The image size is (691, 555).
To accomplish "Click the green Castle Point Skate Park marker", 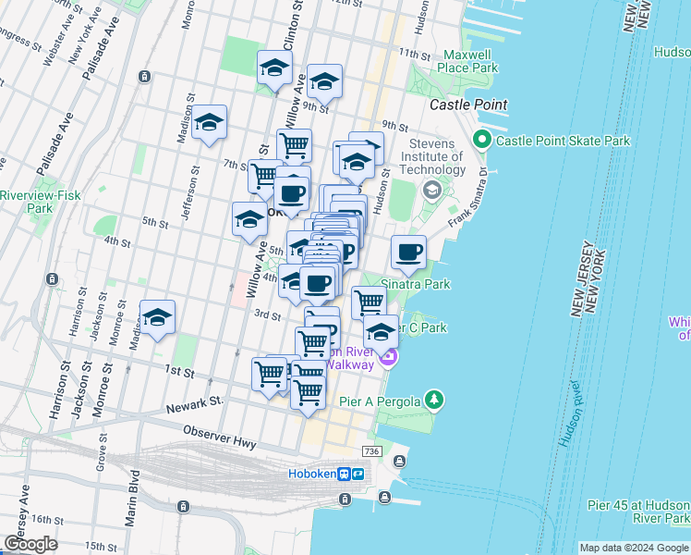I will (x=481, y=141).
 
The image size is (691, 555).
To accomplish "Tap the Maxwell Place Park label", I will (x=469, y=61).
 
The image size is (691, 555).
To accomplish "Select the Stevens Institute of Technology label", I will (x=433, y=157).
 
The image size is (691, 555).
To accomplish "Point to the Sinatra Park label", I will (x=416, y=284).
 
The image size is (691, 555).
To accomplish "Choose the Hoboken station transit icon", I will (x=351, y=474).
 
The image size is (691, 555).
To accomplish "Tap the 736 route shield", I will (x=371, y=450).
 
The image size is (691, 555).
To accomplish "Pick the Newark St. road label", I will (x=196, y=404).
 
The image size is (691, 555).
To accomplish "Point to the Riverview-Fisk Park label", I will (x=39, y=202).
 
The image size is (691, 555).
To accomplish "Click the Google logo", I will (x=31, y=544).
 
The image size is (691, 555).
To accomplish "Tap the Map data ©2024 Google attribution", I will (x=633, y=548).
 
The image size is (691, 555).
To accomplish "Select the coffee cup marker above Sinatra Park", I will (x=409, y=252).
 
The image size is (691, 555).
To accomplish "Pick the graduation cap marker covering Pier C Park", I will (x=381, y=332).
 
